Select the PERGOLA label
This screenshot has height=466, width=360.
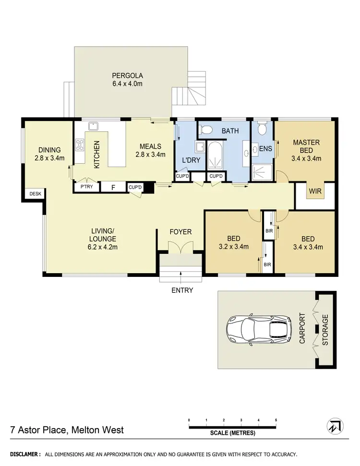point(128,75)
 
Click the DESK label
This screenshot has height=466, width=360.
point(35,193)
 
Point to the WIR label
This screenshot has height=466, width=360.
point(315,191)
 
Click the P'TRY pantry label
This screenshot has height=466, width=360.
point(86,187)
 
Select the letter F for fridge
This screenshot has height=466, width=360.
point(113,187)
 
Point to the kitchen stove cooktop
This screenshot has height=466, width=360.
point(80,145)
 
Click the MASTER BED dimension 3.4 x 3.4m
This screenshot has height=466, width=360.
point(307,158)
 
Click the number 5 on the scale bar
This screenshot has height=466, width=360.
point(276,420)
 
